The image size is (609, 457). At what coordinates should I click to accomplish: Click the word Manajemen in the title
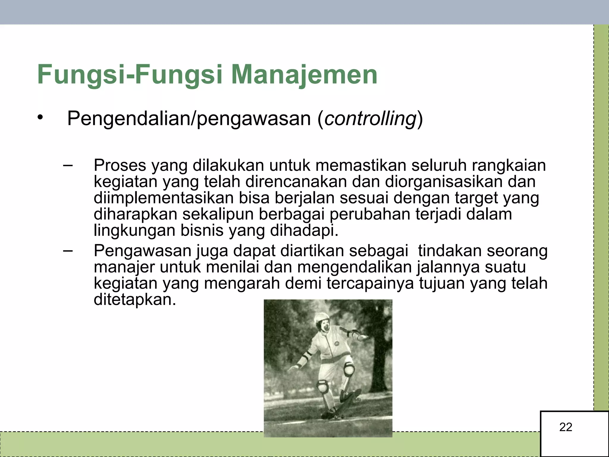tap(304, 75)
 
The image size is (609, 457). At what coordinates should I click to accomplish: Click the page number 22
tap(566, 427)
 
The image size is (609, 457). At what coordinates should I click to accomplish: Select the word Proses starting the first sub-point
tap(120, 165)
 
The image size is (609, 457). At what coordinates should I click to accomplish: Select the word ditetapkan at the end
tap(135, 300)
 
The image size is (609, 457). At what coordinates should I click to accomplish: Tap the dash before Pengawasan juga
tap(68, 251)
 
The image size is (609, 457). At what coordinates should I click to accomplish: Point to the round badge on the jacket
tap(337, 344)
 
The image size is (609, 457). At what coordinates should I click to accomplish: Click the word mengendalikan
tap(354, 267)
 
